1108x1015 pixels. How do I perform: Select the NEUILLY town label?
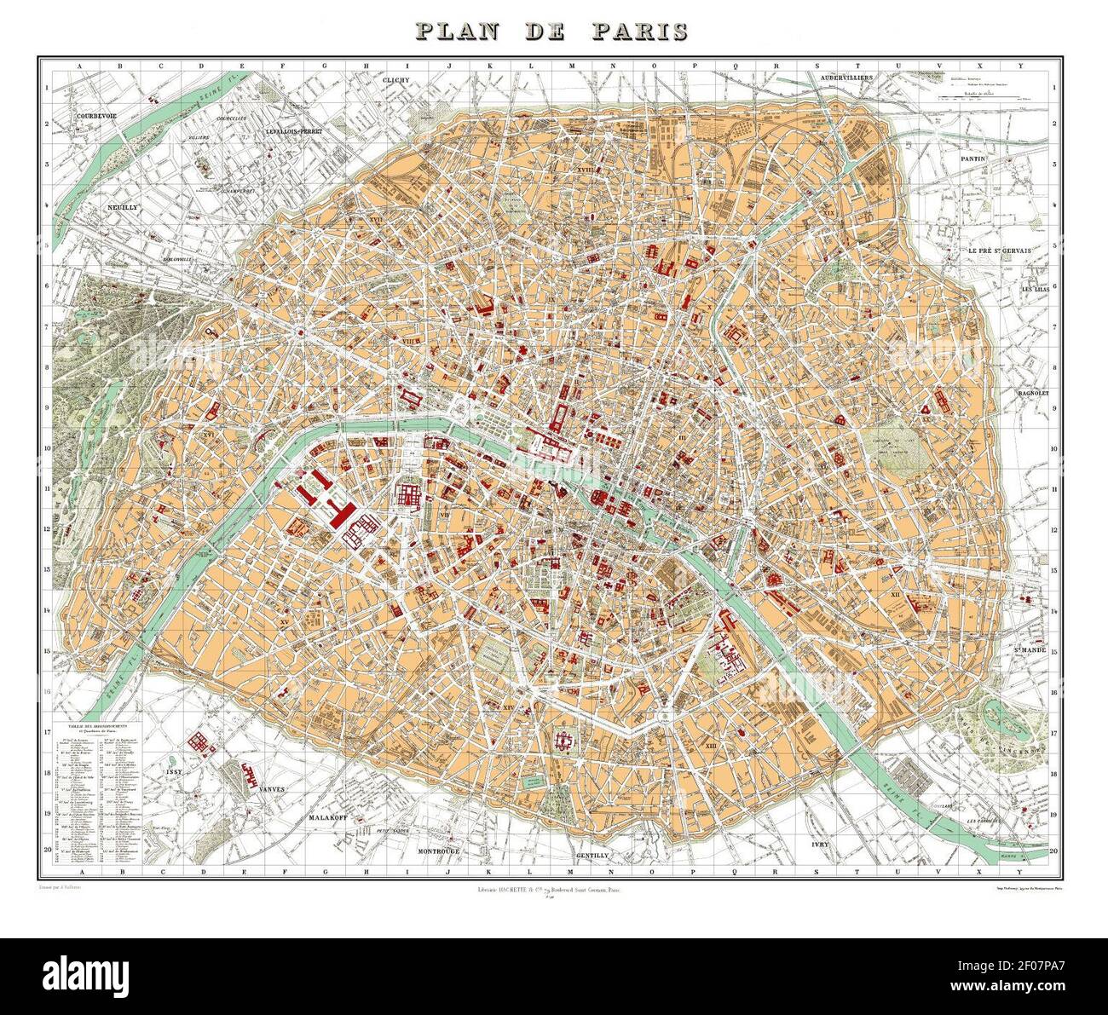click(122, 207)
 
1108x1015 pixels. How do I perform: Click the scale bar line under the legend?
click(980, 101)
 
